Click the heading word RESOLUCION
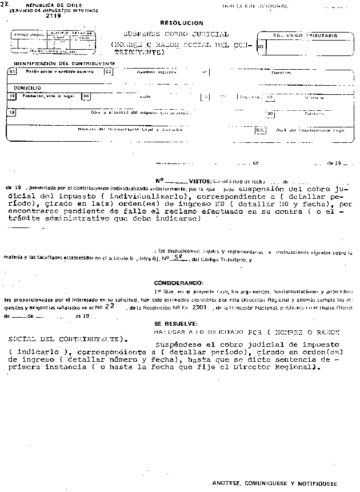[x=181, y=23]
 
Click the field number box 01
[x=11, y=73]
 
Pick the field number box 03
[x=261, y=47]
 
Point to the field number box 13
[x=11, y=112]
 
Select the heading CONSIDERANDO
[x=178, y=283]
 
